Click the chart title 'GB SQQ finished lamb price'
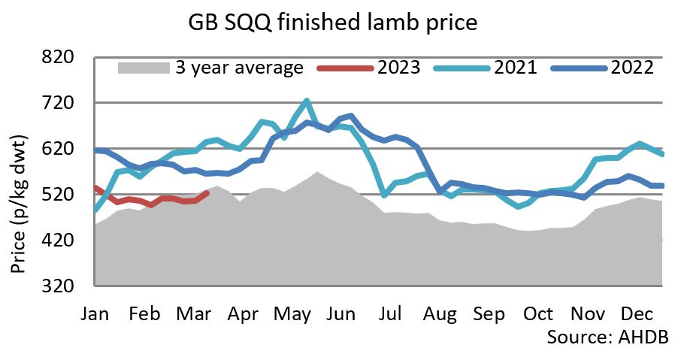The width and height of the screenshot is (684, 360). tap(332, 23)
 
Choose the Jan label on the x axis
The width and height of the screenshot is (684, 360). tap(95, 313)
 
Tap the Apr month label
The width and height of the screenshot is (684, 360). tap(242, 313)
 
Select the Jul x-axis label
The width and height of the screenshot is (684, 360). tap(391, 313)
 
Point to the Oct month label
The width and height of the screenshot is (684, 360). tap(538, 313)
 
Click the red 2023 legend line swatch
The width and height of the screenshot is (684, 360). tap(345, 68)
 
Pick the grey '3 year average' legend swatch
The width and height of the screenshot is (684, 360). tap(144, 68)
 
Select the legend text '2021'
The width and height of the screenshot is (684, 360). tap(515, 68)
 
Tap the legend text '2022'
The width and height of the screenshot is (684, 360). tap(632, 68)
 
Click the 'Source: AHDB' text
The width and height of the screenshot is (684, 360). tap(607, 335)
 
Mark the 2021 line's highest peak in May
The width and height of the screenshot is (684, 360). tap(306, 100)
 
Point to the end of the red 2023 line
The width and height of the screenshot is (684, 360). tap(208, 193)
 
